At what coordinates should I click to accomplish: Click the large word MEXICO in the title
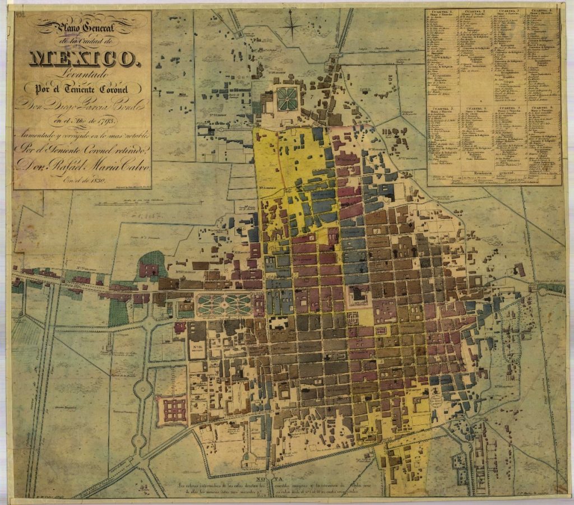pyautogui.click(x=82, y=57)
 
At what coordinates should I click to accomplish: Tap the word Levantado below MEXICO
pyautogui.click(x=82, y=73)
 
